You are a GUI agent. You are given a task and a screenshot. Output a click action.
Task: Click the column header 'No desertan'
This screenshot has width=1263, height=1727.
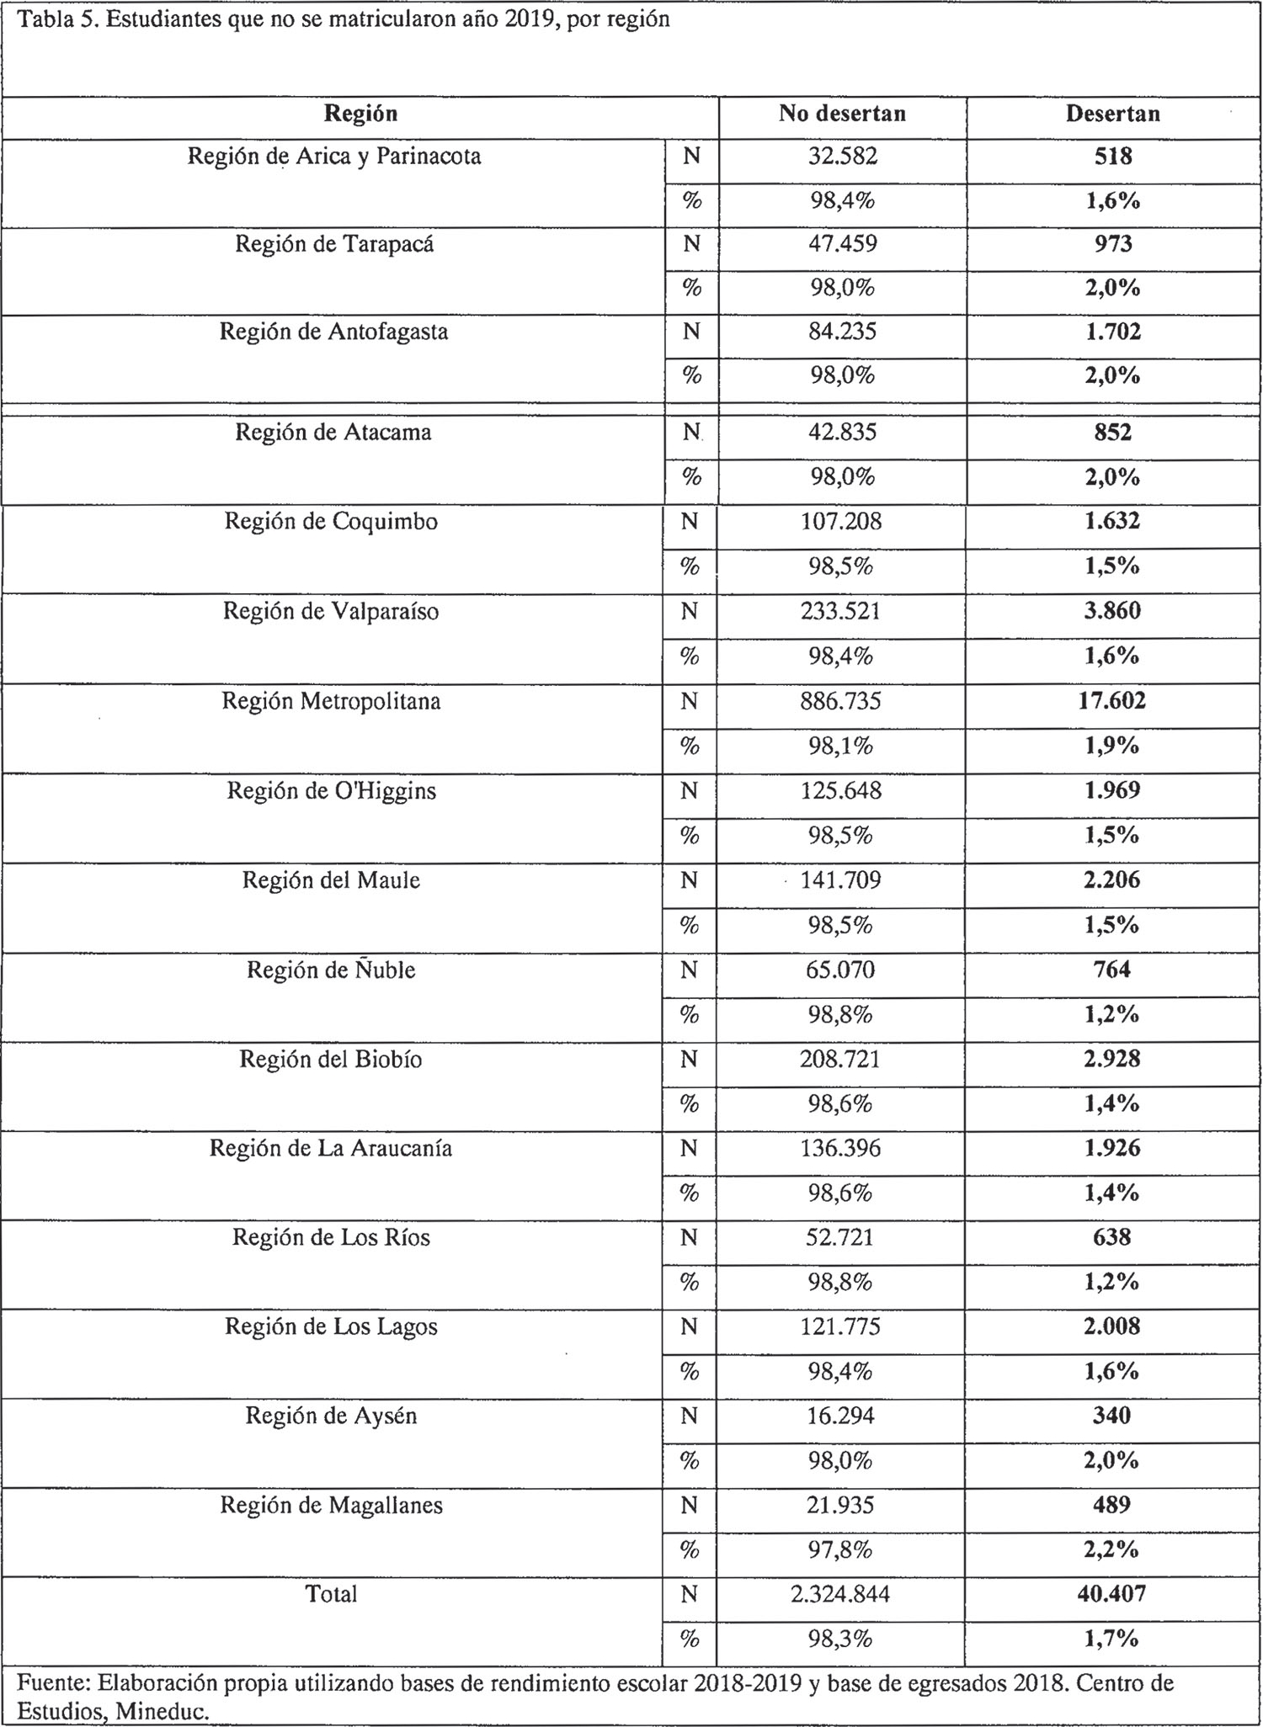click(842, 114)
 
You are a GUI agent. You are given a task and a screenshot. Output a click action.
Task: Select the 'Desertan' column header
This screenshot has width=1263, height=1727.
click(1112, 114)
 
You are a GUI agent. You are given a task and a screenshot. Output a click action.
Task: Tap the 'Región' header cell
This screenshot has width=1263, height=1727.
click(360, 114)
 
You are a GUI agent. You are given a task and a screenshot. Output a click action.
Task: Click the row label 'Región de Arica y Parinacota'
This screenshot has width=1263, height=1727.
click(334, 157)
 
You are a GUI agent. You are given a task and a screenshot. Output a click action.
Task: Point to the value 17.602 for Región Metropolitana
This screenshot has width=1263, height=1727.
click(1111, 701)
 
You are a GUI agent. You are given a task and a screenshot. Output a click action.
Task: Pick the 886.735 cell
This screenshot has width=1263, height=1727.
click(841, 701)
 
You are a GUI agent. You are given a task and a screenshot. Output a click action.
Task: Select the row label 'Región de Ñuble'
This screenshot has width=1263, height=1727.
click(331, 970)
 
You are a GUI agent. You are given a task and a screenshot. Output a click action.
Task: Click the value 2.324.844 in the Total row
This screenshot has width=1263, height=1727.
click(840, 1594)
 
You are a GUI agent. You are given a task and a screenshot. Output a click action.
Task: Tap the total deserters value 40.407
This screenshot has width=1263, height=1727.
click(1111, 1594)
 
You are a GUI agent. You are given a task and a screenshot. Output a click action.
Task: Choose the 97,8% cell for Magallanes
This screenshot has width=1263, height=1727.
click(840, 1549)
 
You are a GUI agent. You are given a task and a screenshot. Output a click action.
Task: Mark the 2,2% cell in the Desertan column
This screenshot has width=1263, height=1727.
click(1111, 1549)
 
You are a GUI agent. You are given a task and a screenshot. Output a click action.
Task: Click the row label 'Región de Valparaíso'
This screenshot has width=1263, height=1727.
click(331, 611)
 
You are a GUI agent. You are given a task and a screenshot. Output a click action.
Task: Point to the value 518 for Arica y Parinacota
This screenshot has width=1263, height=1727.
click(1112, 157)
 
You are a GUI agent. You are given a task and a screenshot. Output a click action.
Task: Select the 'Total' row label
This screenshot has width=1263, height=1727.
click(332, 1594)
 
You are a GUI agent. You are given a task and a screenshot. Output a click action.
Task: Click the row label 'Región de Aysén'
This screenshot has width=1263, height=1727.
click(331, 1416)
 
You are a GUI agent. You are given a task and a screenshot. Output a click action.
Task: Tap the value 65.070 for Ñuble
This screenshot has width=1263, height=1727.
click(840, 970)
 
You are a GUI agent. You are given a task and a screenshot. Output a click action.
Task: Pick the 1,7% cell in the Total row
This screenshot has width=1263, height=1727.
click(1111, 1639)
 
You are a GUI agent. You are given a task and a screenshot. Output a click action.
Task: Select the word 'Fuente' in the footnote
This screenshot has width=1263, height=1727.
click(52, 1682)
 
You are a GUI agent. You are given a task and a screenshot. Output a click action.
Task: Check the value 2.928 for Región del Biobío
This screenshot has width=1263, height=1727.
click(1111, 1059)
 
